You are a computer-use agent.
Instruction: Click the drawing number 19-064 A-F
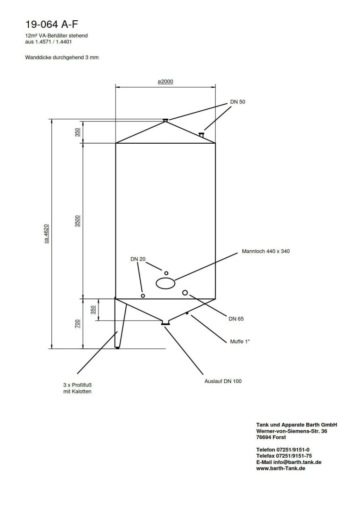click(49, 24)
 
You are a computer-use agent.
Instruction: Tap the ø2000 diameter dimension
click(165, 82)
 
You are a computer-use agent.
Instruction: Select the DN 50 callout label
click(238, 102)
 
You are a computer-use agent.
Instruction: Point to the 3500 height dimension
click(77, 221)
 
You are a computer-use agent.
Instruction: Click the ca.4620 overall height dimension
click(47, 234)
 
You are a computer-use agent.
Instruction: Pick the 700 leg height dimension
click(77, 323)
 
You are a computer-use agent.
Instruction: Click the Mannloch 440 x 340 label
click(265, 251)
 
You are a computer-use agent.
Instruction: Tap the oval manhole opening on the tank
click(165, 283)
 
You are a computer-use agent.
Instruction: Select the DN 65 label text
click(236, 319)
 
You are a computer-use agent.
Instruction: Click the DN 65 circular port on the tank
click(185, 293)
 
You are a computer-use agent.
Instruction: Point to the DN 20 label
click(138, 259)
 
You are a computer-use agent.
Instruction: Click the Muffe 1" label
click(240, 341)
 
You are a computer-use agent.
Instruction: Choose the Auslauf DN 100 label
click(223, 381)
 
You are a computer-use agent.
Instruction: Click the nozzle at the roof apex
click(165, 120)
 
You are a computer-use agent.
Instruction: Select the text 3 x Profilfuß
click(77, 384)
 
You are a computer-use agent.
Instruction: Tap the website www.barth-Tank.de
click(281, 468)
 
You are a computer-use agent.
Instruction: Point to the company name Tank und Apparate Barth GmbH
click(296, 425)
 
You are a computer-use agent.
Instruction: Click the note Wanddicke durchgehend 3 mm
click(62, 57)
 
